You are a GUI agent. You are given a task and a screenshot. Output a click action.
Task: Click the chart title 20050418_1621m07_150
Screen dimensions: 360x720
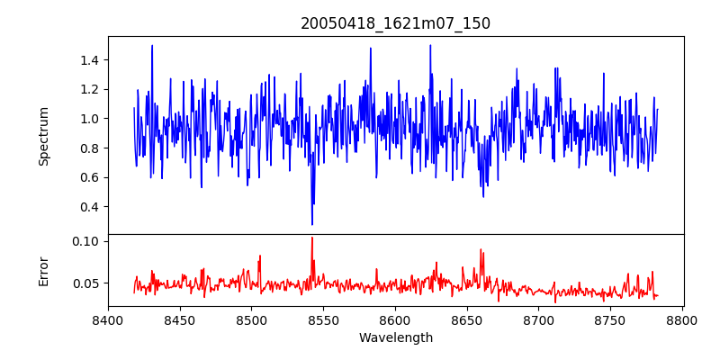tap(395, 23)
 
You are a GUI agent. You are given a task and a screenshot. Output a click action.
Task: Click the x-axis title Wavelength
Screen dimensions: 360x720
tap(395, 338)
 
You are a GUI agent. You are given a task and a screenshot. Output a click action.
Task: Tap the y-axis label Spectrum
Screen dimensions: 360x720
tap(43, 136)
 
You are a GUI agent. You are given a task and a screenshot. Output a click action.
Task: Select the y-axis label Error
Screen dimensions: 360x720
tap(43, 270)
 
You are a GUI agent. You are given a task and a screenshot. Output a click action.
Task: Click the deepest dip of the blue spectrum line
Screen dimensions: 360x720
tap(312, 224)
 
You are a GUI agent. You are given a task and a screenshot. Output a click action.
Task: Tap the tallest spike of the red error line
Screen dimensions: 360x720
tap(312, 238)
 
